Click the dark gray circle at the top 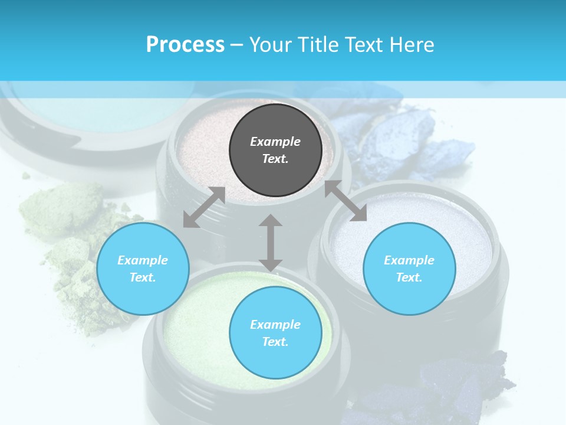pyautogui.click(x=275, y=150)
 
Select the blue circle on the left pyautogui.click(x=143, y=269)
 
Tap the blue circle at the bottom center pyautogui.click(x=275, y=332)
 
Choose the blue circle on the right pyautogui.click(x=409, y=269)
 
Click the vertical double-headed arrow pyautogui.click(x=271, y=243)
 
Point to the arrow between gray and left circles pyautogui.click(x=204, y=207)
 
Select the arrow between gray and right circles pyautogui.click(x=345, y=201)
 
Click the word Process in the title pyautogui.click(x=185, y=44)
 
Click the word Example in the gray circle pyautogui.click(x=275, y=142)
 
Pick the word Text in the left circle pyautogui.click(x=143, y=277)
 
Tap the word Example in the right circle pyautogui.click(x=409, y=260)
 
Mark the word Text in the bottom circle pyautogui.click(x=275, y=342)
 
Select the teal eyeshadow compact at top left pyautogui.click(x=59, y=112)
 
